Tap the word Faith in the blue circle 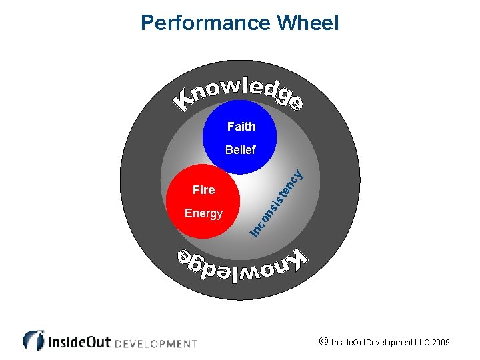[x=241, y=126]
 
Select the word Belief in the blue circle [x=240, y=150]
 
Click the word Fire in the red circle [x=203, y=190]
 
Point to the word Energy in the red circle [x=203, y=213]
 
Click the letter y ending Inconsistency [x=299, y=175]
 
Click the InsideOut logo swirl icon [x=33, y=340]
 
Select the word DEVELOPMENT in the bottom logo [x=157, y=344]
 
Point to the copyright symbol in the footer [x=323, y=342]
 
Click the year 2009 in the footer [x=441, y=343]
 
